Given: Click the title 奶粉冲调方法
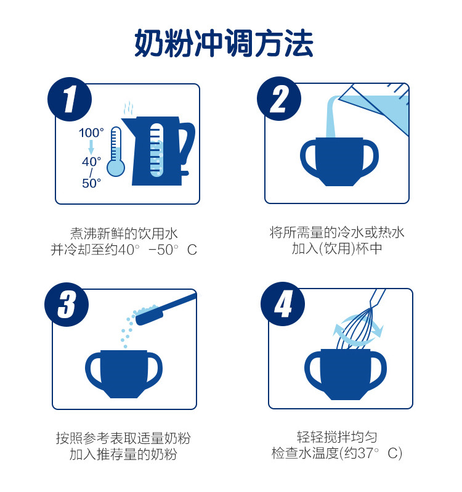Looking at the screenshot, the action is pyautogui.click(x=224, y=43).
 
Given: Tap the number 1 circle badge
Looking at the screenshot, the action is pyautogui.click(x=70, y=99).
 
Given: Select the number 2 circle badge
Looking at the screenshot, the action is pyautogui.click(x=279, y=99).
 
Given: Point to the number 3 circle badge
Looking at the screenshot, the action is pyautogui.click(x=67, y=305).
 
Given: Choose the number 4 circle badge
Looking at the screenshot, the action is pyautogui.click(x=283, y=304).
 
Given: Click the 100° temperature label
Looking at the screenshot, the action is pyautogui.click(x=91, y=133).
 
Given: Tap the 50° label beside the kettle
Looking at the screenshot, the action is pyautogui.click(x=92, y=183).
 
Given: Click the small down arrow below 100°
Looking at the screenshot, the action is pyautogui.click(x=91, y=147).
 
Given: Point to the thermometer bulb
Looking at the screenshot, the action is pyautogui.click(x=116, y=168).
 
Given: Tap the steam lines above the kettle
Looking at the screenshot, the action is pyautogui.click(x=129, y=109).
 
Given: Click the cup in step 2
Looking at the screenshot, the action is pyautogui.click(x=339, y=162).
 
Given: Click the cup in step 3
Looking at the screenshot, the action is pyautogui.click(x=124, y=374).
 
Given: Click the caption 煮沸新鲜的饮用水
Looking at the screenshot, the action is pyautogui.click(x=124, y=234).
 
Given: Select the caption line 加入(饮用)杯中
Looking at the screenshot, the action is pyautogui.click(x=337, y=249).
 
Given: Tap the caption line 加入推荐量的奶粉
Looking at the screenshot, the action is pyautogui.click(x=123, y=454).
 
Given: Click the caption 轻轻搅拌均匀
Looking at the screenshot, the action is pyautogui.click(x=337, y=437).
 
